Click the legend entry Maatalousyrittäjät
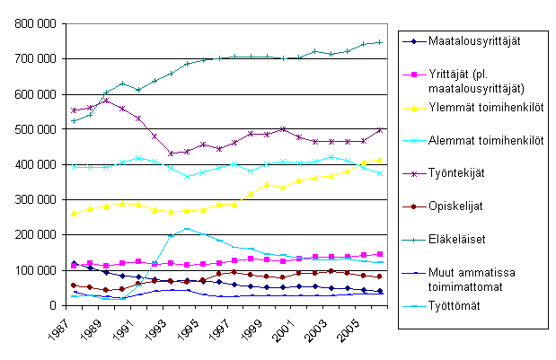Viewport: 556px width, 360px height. (476, 41)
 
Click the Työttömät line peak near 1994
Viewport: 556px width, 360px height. (186, 229)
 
